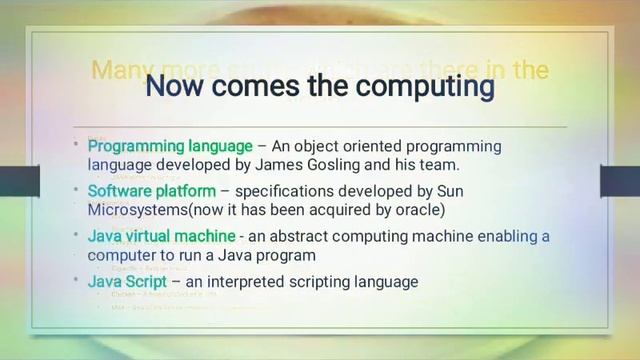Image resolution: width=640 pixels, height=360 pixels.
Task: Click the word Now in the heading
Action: (177, 87)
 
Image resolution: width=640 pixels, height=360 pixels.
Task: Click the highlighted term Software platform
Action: (151, 191)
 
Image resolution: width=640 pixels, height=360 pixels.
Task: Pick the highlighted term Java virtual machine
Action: (161, 237)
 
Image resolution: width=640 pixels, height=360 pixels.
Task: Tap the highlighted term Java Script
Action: (126, 282)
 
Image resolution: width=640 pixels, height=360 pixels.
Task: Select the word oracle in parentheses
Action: (419, 209)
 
